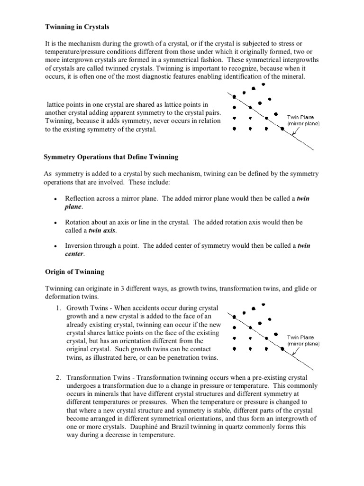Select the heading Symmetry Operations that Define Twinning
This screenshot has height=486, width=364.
pyautogui.click(x=111, y=157)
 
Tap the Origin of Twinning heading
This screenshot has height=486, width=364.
pyautogui.click(x=74, y=272)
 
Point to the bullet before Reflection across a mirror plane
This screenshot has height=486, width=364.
pyautogui.click(x=56, y=199)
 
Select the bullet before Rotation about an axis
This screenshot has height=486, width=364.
pyautogui.click(x=56, y=223)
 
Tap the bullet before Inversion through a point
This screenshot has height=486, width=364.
pyautogui.click(x=56, y=246)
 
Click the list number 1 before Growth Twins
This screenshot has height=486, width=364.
pyautogui.click(x=58, y=308)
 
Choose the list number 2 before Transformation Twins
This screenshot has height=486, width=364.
pyautogui.click(x=58, y=377)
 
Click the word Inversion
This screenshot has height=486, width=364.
pyautogui.click(x=79, y=246)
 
